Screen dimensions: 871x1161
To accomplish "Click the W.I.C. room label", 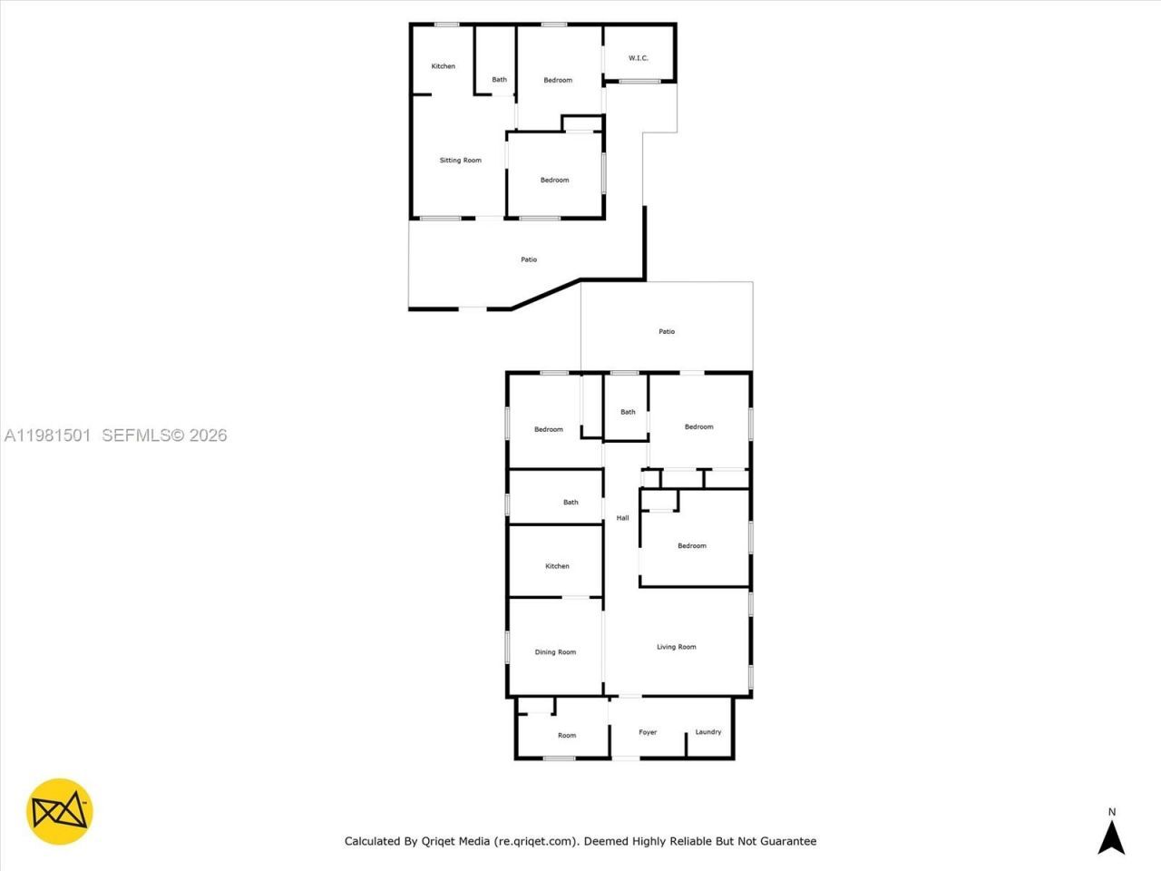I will [639, 58].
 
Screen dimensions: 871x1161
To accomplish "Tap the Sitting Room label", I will [460, 161].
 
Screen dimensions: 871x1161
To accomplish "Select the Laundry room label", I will [708, 732].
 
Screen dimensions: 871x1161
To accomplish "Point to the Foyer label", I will [648, 732].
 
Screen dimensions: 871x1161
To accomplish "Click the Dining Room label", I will [555, 652].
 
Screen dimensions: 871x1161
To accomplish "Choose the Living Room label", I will [677, 647].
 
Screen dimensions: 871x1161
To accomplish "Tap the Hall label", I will [622, 518].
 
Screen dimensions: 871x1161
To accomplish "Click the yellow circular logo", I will [60, 811].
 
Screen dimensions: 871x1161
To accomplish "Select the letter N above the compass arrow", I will [1112, 812].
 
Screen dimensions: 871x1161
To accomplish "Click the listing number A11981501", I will [47, 435].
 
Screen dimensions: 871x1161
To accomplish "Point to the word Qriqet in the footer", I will [440, 841].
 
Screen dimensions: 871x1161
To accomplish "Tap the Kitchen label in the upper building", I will [444, 66].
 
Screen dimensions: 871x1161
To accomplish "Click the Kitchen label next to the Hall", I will [557, 566].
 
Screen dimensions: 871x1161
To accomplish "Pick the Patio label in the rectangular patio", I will [667, 332].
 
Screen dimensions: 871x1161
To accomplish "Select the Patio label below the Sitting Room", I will [529, 259].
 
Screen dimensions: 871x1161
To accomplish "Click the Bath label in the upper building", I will [500, 80].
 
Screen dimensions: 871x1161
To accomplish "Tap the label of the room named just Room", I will [567, 736].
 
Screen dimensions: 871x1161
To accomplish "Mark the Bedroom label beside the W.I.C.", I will [558, 81].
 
